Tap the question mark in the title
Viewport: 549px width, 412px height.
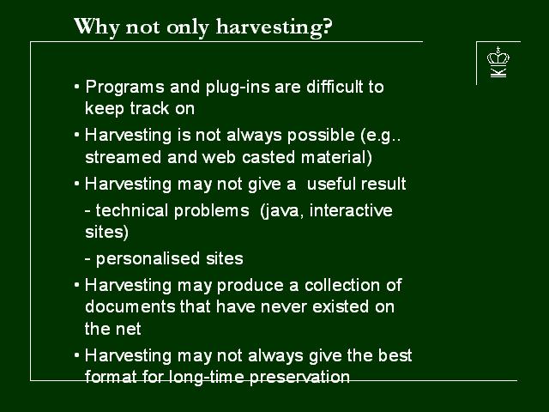(327, 27)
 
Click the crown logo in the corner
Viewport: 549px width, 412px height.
(498, 62)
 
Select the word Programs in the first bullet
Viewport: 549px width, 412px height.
(124, 88)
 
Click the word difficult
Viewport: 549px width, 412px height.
(335, 87)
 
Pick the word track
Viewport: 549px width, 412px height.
(149, 108)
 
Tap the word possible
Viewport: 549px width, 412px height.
(321, 136)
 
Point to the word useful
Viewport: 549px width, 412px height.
(331, 184)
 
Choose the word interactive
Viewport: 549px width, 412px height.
(351, 210)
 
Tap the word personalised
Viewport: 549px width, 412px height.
(148, 259)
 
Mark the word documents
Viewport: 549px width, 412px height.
(130, 306)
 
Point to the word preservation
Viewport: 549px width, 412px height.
(299, 378)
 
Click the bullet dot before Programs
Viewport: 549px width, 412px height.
(77, 86)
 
